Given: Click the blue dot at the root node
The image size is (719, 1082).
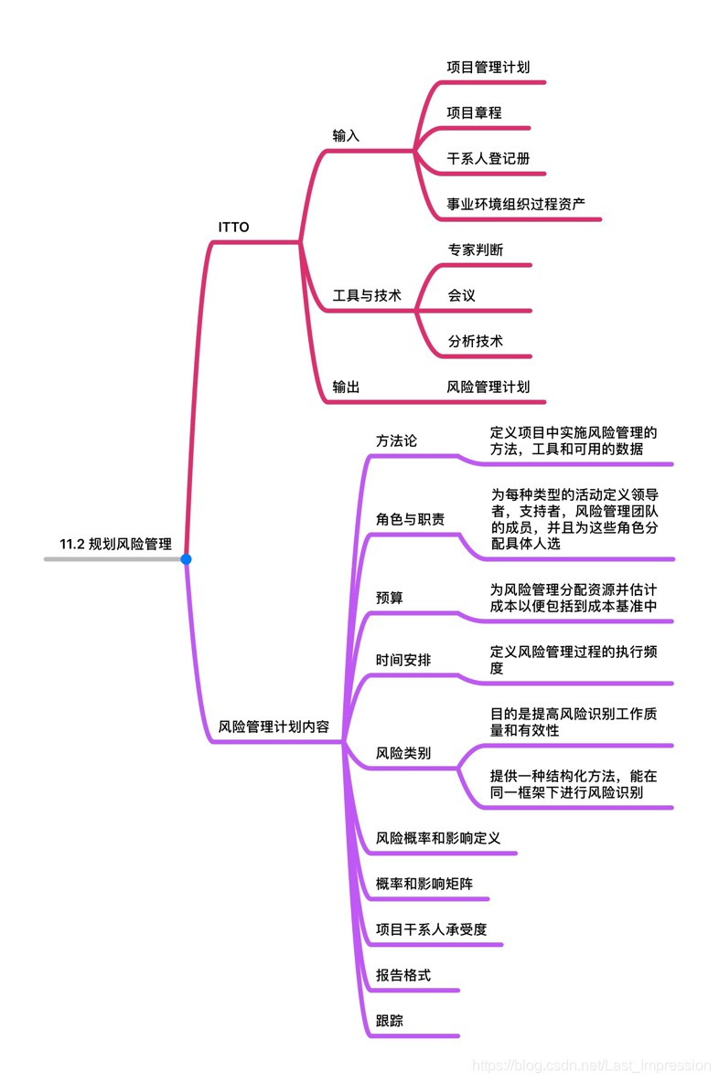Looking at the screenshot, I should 186,558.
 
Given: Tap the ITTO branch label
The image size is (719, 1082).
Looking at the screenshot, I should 233,227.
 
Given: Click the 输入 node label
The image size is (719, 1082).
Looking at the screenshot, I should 346,135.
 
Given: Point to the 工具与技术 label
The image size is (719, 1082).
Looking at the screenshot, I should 366,295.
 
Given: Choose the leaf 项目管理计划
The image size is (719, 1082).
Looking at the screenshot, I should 488,67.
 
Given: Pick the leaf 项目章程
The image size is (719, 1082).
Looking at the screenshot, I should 474,112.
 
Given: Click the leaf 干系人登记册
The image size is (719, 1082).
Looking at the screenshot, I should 488,157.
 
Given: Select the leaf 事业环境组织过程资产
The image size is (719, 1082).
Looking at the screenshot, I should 516,203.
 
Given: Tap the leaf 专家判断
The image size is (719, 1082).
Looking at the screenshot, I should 475,249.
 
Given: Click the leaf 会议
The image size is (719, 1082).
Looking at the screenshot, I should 461,295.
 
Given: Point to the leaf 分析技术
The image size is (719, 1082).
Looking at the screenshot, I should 475,341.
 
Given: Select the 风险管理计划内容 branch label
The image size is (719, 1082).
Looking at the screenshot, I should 274,727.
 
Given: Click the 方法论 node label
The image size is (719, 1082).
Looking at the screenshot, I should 396,440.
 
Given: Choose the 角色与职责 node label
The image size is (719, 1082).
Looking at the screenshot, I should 410,519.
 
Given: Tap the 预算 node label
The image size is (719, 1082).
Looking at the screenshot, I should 390,598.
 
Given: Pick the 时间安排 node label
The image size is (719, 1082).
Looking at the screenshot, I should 403,660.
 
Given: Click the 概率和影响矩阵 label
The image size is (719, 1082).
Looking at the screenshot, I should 424,884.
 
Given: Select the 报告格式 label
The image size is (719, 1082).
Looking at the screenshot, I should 403,975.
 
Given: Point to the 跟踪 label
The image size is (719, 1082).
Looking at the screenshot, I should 390,1021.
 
